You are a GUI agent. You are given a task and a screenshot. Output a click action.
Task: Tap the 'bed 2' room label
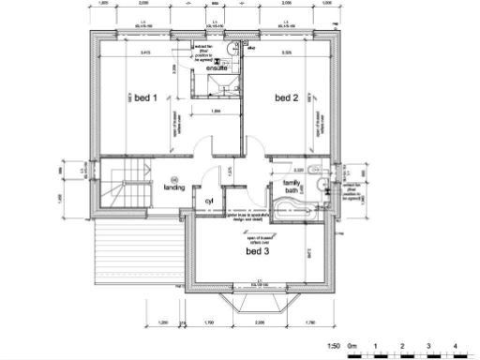pos(286,97)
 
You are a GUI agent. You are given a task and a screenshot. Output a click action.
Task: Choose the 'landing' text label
pos(174,187)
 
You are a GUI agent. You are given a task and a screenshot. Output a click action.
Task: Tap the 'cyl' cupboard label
pos(199,201)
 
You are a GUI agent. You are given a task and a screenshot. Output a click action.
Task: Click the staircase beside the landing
pos(123,186)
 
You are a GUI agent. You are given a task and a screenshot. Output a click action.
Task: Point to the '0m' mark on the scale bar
pos(352,347)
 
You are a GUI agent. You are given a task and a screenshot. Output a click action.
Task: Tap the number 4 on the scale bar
pos(455,347)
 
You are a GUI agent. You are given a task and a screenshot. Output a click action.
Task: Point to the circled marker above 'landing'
pos(173,178)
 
